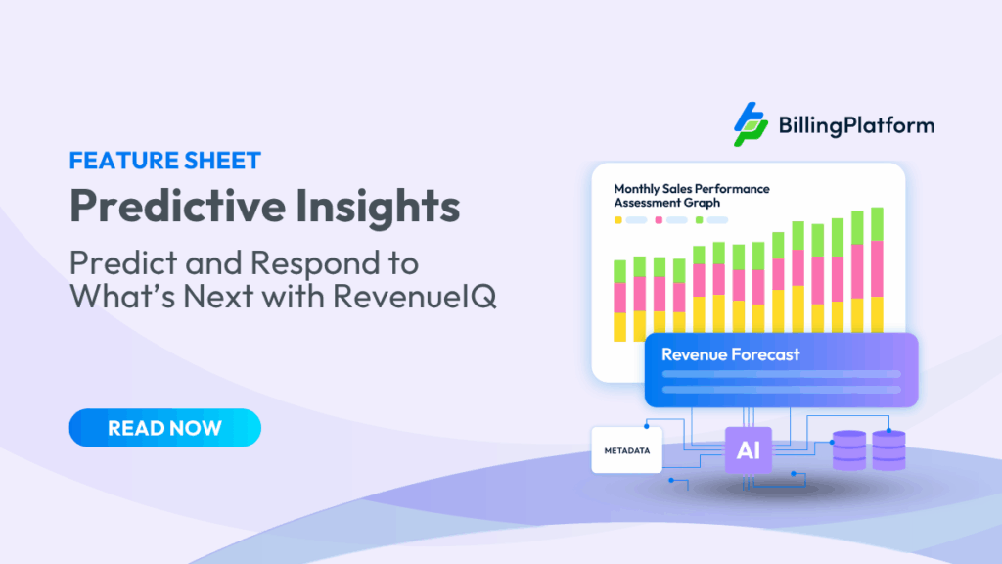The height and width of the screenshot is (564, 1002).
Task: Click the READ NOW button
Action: (x=164, y=428)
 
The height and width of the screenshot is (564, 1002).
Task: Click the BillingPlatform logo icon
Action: (x=751, y=124)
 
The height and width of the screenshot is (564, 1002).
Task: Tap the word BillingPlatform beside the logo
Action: (x=856, y=125)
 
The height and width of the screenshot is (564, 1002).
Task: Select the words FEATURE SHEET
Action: (x=164, y=161)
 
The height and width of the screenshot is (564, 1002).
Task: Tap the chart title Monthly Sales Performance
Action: (x=691, y=188)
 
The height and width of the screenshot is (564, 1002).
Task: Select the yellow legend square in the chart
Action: (x=618, y=220)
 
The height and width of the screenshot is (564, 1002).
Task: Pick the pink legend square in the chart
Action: (x=659, y=220)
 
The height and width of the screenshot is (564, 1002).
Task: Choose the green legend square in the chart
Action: (x=699, y=220)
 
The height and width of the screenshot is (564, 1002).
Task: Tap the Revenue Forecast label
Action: (x=730, y=354)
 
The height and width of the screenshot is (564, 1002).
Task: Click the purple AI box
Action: (x=748, y=451)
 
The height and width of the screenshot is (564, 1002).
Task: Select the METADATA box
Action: (x=626, y=450)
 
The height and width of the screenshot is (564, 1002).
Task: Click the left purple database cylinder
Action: (x=848, y=450)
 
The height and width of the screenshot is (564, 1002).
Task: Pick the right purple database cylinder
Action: (x=888, y=450)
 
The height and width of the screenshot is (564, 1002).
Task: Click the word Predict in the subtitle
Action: (x=109, y=263)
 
